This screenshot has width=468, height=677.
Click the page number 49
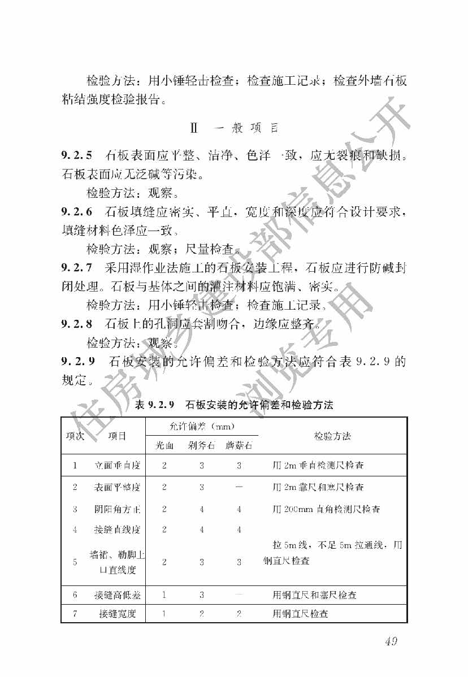(x=391, y=641)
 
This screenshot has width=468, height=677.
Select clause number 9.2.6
(x=77, y=212)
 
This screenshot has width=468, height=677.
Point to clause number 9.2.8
(x=77, y=324)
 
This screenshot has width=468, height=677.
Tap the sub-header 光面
(x=164, y=445)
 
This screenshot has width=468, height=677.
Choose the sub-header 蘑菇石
(x=239, y=445)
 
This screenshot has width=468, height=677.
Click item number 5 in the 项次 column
(x=75, y=562)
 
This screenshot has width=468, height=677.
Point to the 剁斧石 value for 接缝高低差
(x=201, y=595)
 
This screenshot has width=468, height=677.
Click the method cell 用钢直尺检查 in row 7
(x=300, y=614)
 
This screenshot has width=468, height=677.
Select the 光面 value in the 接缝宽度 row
(x=164, y=614)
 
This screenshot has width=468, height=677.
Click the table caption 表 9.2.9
(x=157, y=405)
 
